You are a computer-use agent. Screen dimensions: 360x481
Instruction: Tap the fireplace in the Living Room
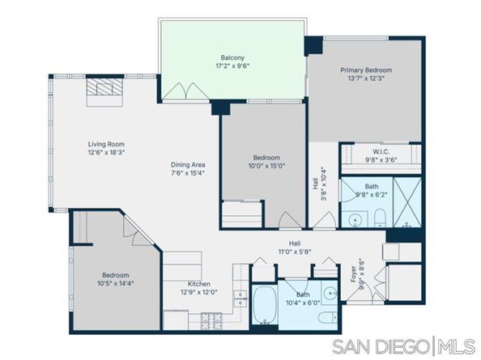pos(104,88)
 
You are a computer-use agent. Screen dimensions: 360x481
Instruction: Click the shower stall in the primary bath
pos(407,200)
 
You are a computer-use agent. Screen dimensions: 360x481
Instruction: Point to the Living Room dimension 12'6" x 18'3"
pos(106,154)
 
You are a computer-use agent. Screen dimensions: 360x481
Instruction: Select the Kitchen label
pos(199,284)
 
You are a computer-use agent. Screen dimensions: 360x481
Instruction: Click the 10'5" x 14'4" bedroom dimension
pos(113,283)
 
